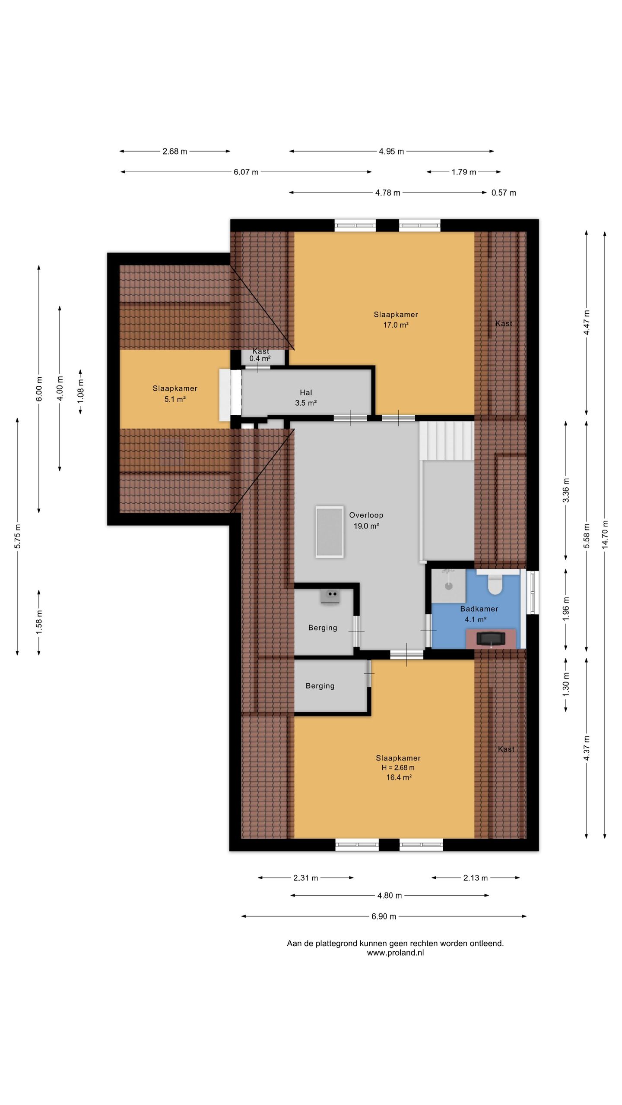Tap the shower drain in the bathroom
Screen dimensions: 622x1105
[x=449, y=586]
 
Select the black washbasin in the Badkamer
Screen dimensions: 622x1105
[x=491, y=638]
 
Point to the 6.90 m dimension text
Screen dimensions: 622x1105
[x=384, y=916]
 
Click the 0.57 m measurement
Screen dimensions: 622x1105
[x=504, y=193]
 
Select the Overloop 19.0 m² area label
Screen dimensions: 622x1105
[x=366, y=520]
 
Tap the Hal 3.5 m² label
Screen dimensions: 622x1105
[x=306, y=398]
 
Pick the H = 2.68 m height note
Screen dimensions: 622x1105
[x=398, y=767]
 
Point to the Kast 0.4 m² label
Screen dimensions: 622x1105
[x=260, y=355]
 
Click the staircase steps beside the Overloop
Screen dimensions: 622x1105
[x=446, y=441]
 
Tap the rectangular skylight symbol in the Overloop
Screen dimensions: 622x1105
[x=330, y=532]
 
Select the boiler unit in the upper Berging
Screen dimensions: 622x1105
[x=330, y=596]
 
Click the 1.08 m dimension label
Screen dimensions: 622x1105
[x=81, y=392]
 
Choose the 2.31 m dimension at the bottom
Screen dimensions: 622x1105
[x=305, y=878]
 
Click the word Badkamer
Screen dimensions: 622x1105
[x=479, y=609]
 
